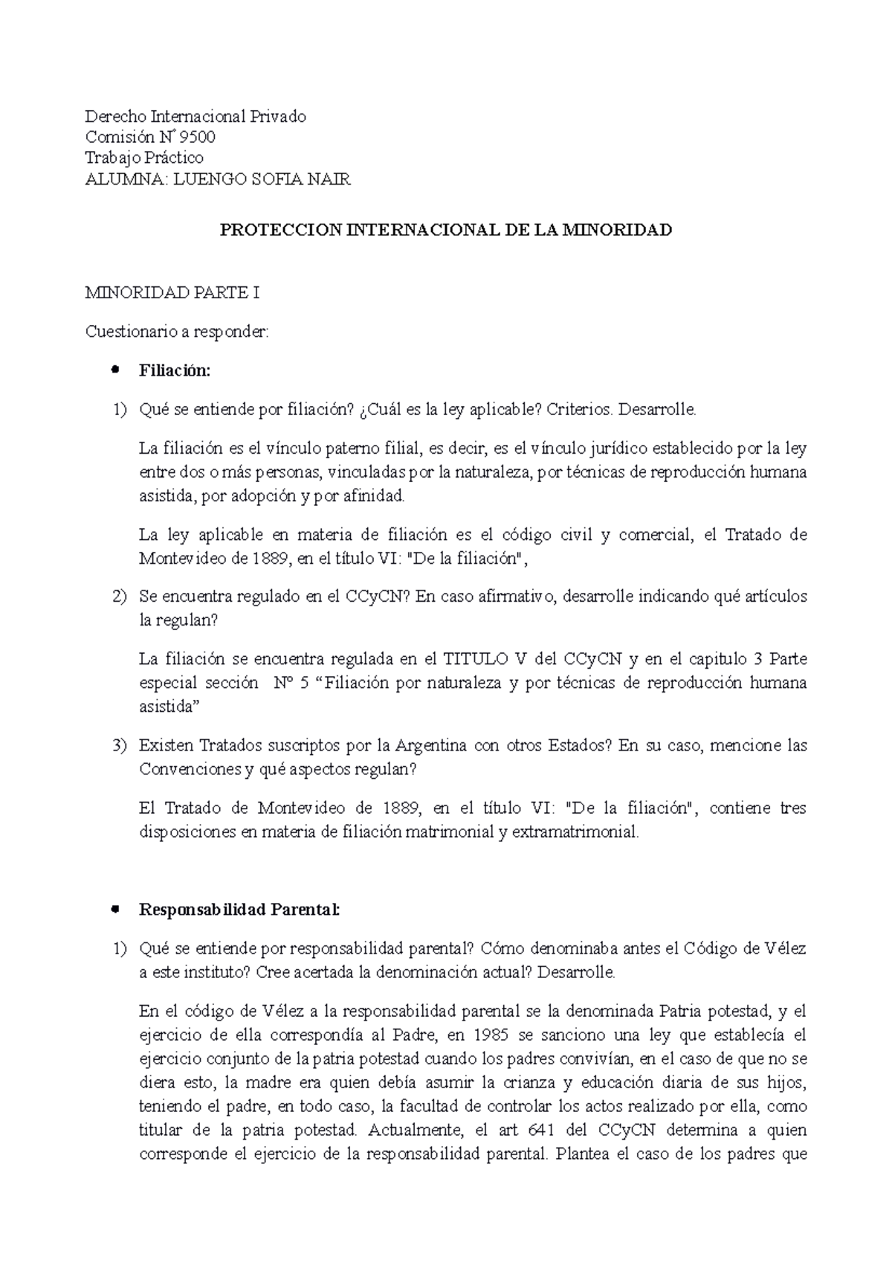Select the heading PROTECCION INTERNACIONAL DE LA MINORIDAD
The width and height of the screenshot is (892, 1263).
click(x=445, y=230)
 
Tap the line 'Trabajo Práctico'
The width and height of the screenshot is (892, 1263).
click(x=144, y=158)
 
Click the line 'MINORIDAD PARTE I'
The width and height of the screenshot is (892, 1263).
click(x=172, y=293)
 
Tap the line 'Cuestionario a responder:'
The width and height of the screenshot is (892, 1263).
click(x=176, y=332)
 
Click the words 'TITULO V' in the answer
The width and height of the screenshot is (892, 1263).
click(x=481, y=659)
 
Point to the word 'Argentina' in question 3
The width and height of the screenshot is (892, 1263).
click(x=430, y=745)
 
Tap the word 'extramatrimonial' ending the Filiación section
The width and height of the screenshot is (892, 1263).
click(x=575, y=832)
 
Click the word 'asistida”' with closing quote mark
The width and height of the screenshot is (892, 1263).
click(x=170, y=707)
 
